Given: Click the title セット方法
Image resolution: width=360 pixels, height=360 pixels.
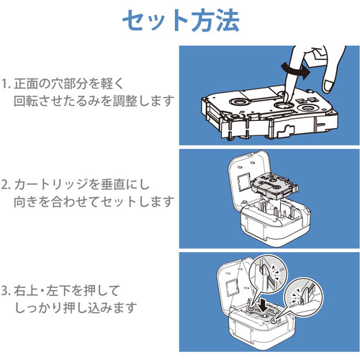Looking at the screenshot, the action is (181, 21).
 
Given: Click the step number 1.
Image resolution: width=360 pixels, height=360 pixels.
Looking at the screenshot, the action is (4, 84).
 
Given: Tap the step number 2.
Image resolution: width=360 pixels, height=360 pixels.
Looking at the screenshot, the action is (5, 185).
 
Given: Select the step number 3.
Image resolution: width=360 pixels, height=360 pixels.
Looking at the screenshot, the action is (5, 291).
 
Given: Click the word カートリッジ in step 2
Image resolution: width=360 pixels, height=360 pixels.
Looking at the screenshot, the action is (48, 185).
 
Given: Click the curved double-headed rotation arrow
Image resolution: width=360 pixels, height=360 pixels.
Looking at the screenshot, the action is (296, 70).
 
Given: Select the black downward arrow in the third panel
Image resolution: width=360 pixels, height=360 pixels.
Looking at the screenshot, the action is (264, 305).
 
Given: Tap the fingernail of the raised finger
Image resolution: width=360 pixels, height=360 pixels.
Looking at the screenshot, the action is (328, 86).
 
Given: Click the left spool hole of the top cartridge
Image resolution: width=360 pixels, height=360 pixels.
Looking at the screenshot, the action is (238, 102).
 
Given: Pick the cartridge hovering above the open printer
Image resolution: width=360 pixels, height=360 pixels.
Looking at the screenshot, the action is (274, 186).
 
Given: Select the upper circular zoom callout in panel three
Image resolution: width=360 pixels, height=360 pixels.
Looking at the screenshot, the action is (268, 274).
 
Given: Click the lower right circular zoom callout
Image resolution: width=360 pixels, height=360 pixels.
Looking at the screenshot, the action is (303, 297).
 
